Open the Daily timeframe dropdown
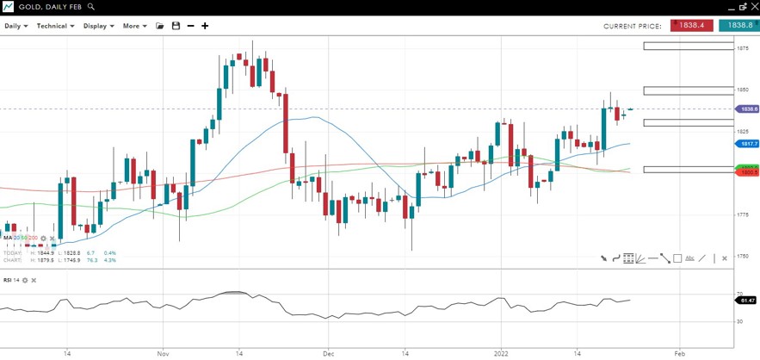15,26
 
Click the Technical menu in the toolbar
55,26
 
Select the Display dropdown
98,26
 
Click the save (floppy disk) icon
176,26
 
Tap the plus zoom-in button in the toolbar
205,26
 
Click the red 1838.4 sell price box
691,26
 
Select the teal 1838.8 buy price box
738,26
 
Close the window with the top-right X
752,6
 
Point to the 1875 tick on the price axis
741,48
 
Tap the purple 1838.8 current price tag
747,109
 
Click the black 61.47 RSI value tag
747,300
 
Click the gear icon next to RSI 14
26,281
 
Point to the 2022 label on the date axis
503,353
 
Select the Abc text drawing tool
690,258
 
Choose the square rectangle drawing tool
677,258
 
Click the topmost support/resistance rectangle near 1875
687,46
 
